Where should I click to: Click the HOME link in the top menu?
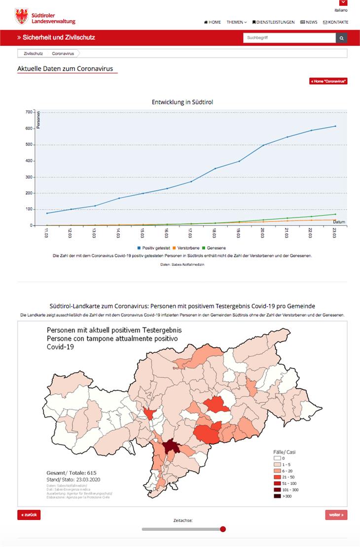point(213,22)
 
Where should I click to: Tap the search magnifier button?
point(341,38)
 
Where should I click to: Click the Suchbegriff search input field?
point(289,38)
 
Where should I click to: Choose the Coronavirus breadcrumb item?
point(63,53)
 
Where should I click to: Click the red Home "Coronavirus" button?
point(328,81)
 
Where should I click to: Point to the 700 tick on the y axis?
point(29,112)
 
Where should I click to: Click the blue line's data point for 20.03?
point(263,145)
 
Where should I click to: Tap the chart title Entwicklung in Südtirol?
point(182,102)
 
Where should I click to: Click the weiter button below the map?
point(336,515)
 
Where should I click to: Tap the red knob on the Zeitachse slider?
point(223,529)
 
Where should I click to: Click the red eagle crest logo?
point(22,16)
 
